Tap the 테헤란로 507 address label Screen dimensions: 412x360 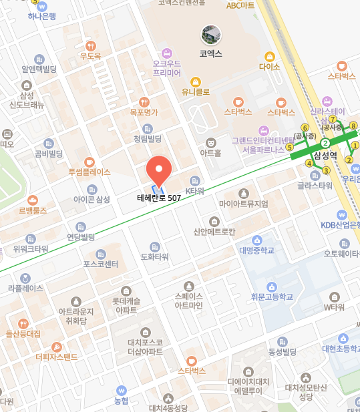(159, 198)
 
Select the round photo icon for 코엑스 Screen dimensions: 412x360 (211, 35)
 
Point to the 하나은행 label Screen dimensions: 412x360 (41, 16)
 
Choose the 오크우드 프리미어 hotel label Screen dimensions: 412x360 (167, 67)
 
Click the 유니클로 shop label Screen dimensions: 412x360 (196, 91)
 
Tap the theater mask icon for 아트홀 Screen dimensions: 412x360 (211, 142)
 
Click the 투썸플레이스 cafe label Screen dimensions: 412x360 (89, 172)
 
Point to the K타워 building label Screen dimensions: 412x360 (194, 191)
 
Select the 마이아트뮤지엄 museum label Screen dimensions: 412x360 (244, 204)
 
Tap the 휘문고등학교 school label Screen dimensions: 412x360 (273, 296)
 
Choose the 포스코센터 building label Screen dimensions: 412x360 (100, 264)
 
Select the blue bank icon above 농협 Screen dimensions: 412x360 (121, 390)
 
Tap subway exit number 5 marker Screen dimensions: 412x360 (290, 147)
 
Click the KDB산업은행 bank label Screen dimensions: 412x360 (341, 225)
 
